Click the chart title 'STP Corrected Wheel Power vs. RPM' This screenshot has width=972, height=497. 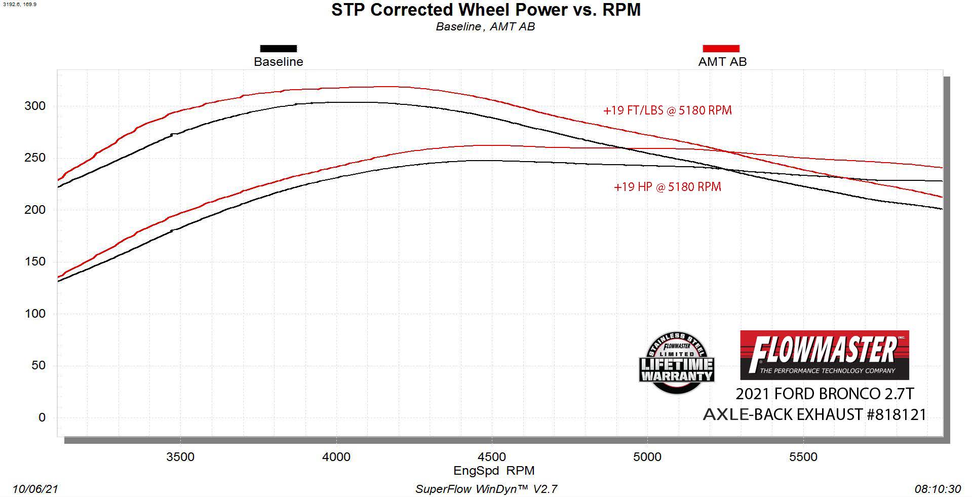(486, 10)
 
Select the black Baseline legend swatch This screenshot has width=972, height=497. (278, 49)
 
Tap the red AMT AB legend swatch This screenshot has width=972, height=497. (721, 49)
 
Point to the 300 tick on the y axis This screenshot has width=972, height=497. (35, 106)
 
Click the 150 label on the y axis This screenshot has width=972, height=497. (35, 261)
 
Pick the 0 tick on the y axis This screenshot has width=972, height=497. (42, 417)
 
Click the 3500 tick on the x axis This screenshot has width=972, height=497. (180, 457)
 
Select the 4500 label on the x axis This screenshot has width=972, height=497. (491, 457)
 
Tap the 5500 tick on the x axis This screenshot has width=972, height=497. (803, 457)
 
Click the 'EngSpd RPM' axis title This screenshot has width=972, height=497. (494, 471)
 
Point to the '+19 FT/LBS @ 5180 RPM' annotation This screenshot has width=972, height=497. (667, 110)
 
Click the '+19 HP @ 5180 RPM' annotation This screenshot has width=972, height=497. (667, 187)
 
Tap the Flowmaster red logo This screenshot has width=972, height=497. (824, 355)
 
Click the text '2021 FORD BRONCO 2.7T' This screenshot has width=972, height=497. (825, 394)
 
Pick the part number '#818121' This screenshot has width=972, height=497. (896, 415)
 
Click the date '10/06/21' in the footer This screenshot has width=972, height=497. (35, 489)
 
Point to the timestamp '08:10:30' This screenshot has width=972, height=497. (937, 489)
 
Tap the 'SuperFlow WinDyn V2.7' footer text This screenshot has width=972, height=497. (486, 489)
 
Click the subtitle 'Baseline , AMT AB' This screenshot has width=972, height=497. (485, 27)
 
